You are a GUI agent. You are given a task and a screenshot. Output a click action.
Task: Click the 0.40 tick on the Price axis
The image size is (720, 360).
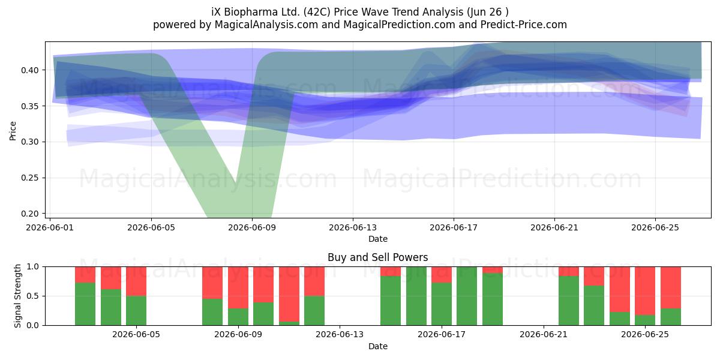tap(29, 70)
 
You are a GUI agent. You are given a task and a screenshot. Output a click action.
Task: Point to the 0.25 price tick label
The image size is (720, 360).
tap(29, 178)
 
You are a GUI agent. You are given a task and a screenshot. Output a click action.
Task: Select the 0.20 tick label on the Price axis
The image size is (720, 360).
tap(29, 214)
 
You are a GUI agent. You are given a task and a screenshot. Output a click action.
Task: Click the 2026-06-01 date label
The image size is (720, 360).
tap(50, 228)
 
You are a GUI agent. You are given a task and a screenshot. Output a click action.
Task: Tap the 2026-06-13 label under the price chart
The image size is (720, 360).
tap(353, 228)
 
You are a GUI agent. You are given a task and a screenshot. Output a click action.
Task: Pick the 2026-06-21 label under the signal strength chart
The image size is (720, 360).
tap(544, 335)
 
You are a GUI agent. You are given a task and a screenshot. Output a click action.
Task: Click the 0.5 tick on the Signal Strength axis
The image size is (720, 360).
tap(32, 296)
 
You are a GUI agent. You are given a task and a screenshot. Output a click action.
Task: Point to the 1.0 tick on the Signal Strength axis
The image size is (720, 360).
tap(32, 267)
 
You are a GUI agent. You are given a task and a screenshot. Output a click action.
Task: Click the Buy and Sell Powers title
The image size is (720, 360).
tap(377, 257)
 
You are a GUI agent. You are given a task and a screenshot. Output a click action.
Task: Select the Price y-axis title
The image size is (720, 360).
tap(13, 131)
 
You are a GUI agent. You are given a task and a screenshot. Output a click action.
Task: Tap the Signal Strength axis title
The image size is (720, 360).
tap(17, 296)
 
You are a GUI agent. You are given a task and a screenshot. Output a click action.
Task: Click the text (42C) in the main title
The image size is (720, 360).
tap(317, 12)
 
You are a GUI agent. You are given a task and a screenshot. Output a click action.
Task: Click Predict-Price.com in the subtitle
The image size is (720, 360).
tap(524, 25)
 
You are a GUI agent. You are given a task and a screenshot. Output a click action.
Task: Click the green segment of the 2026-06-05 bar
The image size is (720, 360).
tap(136, 311)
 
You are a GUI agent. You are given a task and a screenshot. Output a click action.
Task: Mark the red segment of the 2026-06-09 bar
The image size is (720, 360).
tap(238, 287)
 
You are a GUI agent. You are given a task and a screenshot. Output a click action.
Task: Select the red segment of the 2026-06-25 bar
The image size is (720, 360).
tap(645, 291)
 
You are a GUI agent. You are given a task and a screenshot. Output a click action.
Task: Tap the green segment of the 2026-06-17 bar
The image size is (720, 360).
tap(442, 304)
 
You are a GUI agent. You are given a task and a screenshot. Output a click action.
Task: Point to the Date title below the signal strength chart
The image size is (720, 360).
tap(377, 347)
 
